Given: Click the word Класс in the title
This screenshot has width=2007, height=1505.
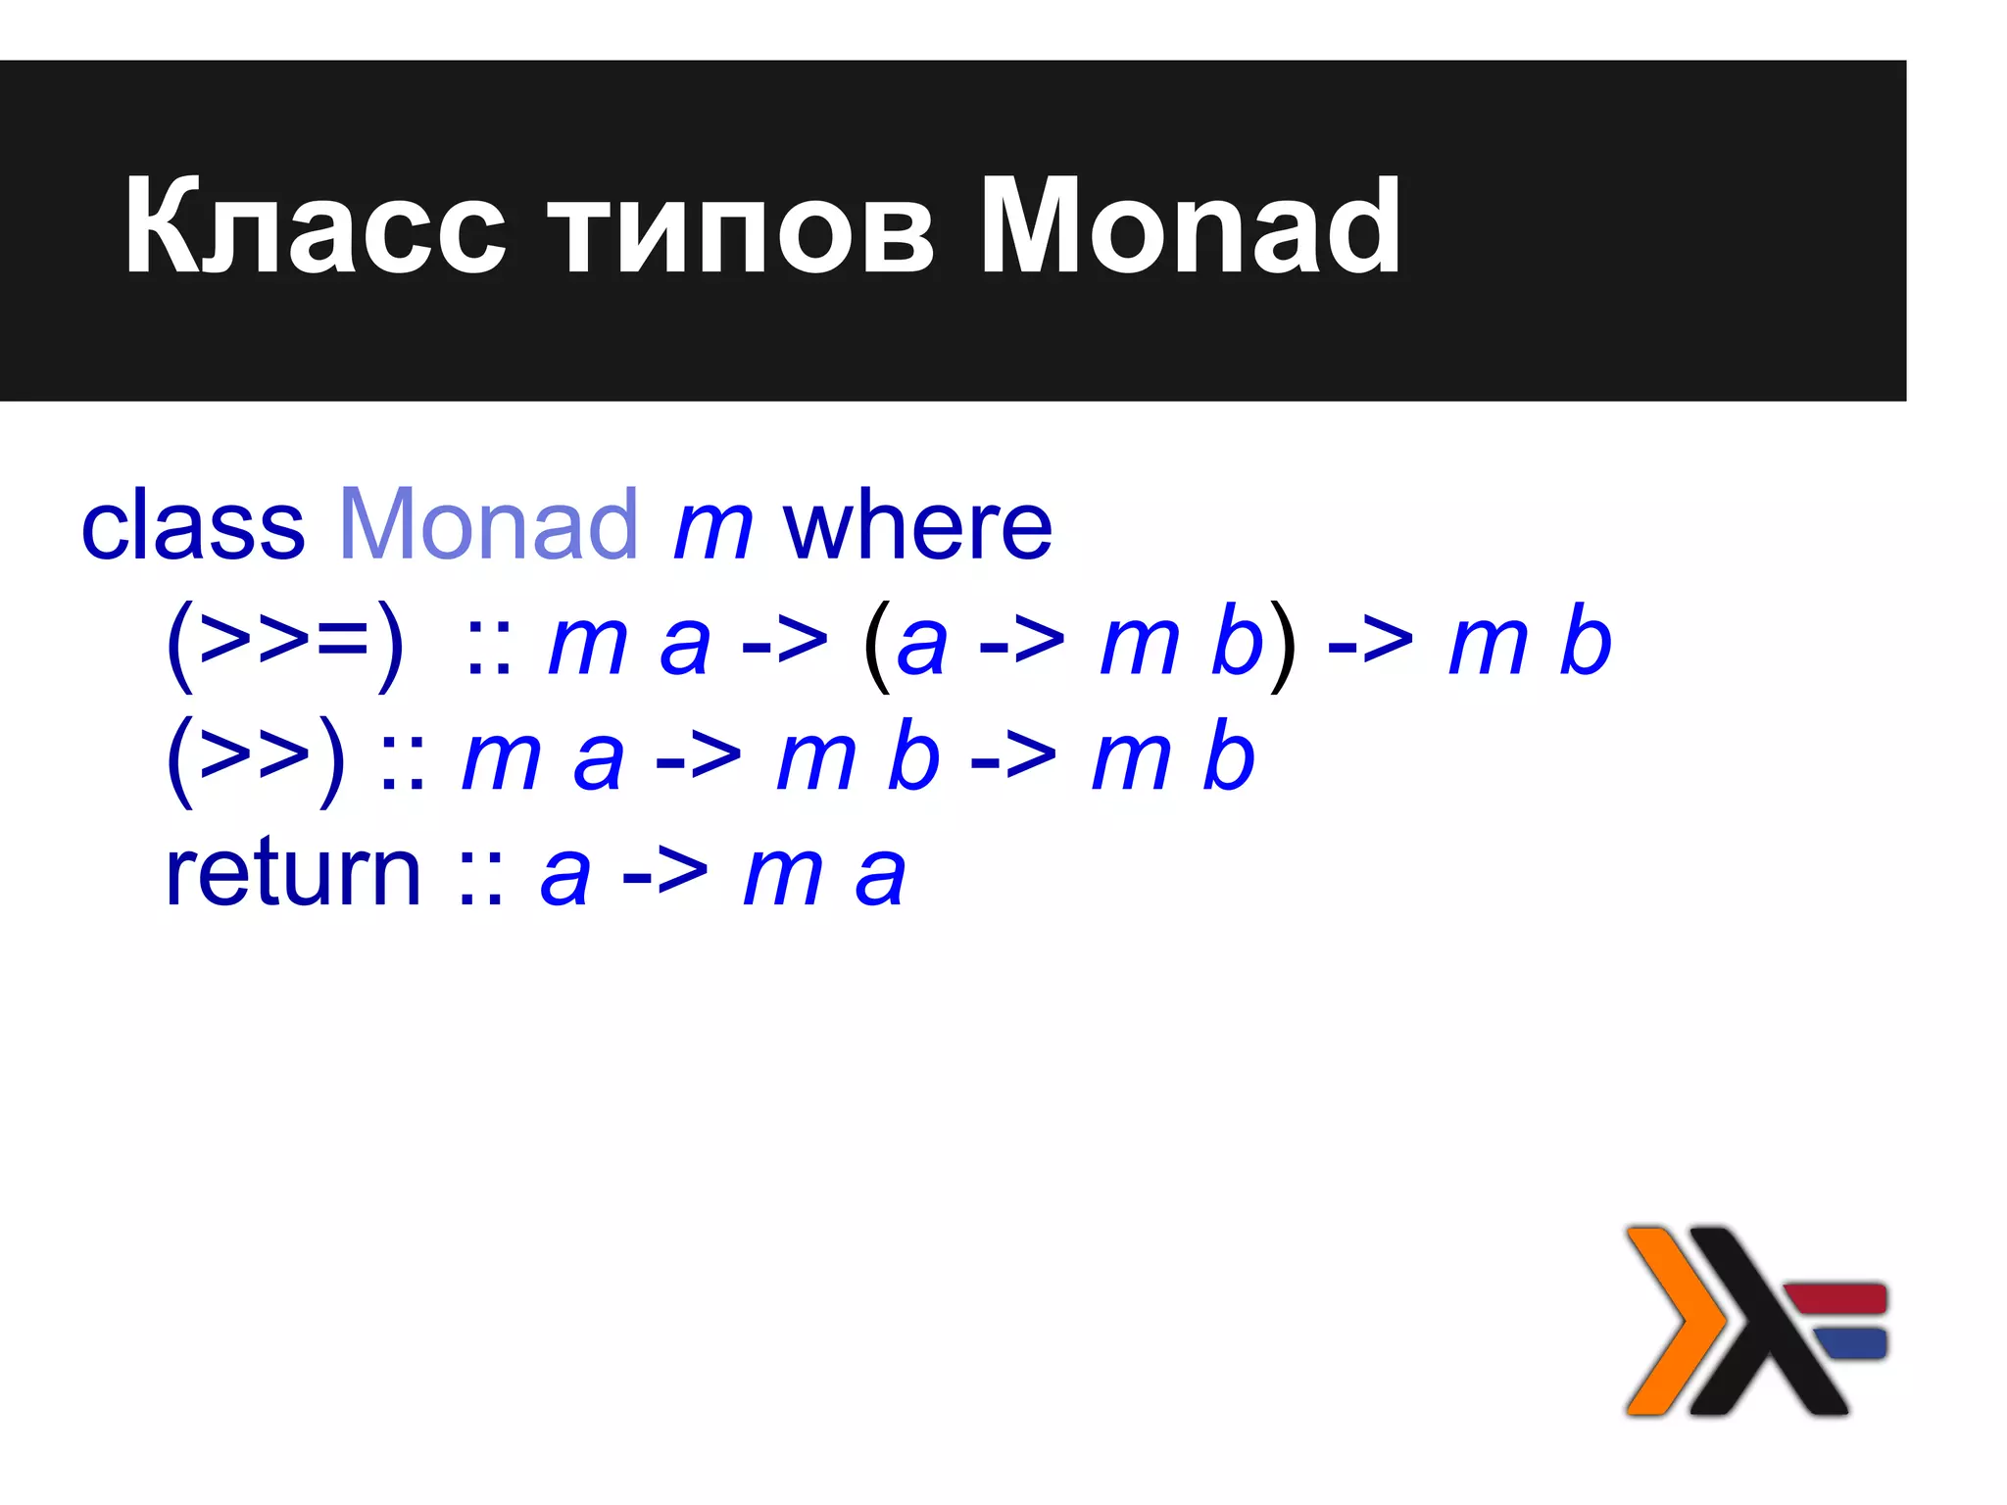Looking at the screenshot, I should [316, 227].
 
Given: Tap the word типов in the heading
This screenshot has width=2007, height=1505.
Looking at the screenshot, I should [741, 227].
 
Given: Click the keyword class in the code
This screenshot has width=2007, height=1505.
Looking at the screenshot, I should [193, 527].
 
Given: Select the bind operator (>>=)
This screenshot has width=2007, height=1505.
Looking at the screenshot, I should [284, 644].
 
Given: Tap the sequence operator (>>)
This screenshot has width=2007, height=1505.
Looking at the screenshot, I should [256, 757].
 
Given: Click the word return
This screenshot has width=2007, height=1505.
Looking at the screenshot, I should [293, 873].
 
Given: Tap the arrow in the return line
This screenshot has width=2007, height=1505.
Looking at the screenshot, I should [664, 875].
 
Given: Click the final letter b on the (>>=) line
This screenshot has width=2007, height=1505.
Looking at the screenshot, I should [1585, 642].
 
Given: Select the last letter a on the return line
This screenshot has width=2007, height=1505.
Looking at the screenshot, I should [879, 877].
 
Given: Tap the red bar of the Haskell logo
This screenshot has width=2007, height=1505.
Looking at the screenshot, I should [1835, 1297].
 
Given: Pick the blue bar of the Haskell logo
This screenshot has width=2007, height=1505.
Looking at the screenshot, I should [1850, 1342].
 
